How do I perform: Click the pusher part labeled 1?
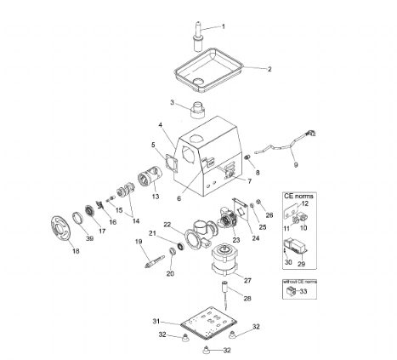point(198,36)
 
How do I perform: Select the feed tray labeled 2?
point(208,70)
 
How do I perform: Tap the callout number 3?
point(173,102)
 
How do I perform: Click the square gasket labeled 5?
point(172,164)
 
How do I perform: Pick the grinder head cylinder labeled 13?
point(150,176)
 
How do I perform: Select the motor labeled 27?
point(224,260)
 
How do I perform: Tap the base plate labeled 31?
point(208,323)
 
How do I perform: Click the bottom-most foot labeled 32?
point(207,350)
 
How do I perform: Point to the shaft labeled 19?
point(154,261)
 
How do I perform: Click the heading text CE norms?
point(298,196)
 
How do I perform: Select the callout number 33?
point(303,291)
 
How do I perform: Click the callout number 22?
point(167,225)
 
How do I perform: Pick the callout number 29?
point(301,264)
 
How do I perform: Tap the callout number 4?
point(161,125)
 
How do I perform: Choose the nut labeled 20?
point(172,251)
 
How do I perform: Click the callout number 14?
point(136,220)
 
